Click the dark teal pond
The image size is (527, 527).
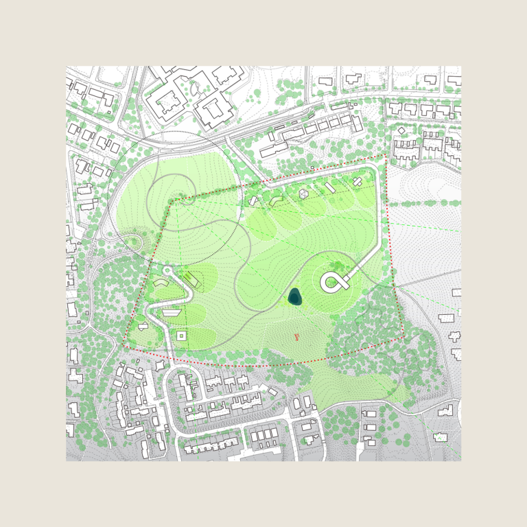pos(294,296)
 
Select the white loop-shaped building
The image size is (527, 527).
pos(333,281)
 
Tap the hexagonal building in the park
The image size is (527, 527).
pos(303,194)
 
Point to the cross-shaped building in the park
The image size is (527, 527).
pos(358,181)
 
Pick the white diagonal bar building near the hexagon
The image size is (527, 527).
pos(330,187)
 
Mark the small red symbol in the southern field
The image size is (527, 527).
pos(297,337)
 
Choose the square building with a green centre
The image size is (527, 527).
pos(181,336)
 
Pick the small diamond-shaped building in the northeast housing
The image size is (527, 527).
pos(401,130)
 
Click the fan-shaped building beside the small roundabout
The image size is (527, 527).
pos(159,282)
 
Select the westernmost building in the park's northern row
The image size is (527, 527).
pos(253,200)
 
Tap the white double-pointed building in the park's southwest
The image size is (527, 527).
pos(143,326)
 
